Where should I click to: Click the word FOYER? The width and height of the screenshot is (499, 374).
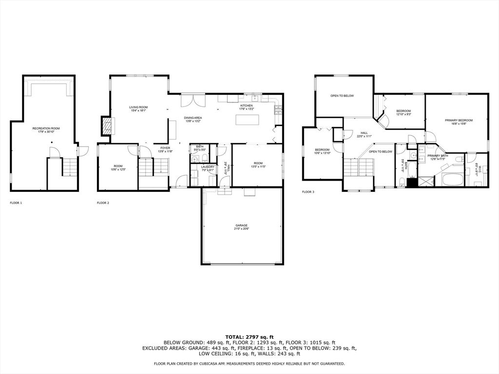point(166,148)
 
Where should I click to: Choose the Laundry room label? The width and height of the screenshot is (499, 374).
point(208,167)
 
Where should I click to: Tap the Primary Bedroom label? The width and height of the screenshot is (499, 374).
point(459,120)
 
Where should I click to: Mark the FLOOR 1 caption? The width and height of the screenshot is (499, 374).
point(16,203)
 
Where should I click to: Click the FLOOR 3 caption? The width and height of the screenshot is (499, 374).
point(308,192)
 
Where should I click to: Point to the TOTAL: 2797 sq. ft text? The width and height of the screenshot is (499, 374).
point(249,337)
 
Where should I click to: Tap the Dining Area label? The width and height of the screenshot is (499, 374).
point(193,118)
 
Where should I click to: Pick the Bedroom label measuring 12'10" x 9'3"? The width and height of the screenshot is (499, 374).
point(403,111)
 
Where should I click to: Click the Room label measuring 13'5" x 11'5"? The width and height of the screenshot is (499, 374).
point(258,163)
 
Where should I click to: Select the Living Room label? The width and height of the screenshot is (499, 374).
point(138,107)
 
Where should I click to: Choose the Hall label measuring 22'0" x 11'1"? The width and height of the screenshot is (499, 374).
point(364,132)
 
